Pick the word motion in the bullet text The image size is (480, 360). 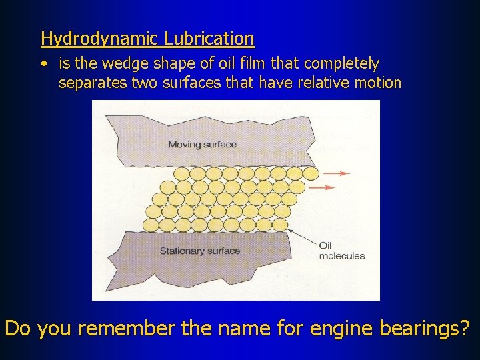click(x=378, y=83)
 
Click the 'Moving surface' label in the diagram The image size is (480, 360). click(x=202, y=144)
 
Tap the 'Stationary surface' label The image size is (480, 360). click(x=199, y=251)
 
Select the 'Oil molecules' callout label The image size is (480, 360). click(x=341, y=251)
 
